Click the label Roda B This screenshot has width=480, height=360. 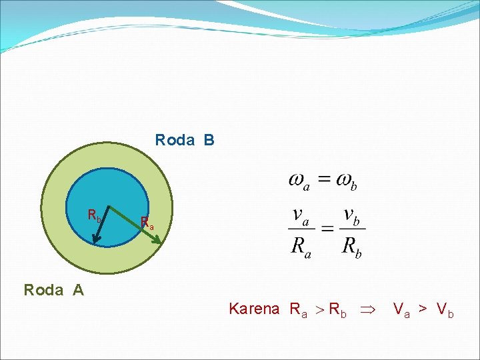click(x=185, y=141)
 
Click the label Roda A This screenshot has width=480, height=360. click(x=53, y=290)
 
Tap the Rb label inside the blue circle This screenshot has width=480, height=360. click(x=95, y=216)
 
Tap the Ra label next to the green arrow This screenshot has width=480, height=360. click(x=147, y=223)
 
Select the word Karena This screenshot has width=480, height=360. click(x=254, y=309)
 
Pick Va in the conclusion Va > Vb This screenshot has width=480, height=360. click(x=402, y=309)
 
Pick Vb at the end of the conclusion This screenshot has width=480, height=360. click(x=445, y=309)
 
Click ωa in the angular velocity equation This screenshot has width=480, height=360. click(x=299, y=181)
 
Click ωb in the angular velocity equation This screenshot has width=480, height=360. click(x=347, y=181)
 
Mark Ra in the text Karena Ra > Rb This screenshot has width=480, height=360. click(x=298, y=309)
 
